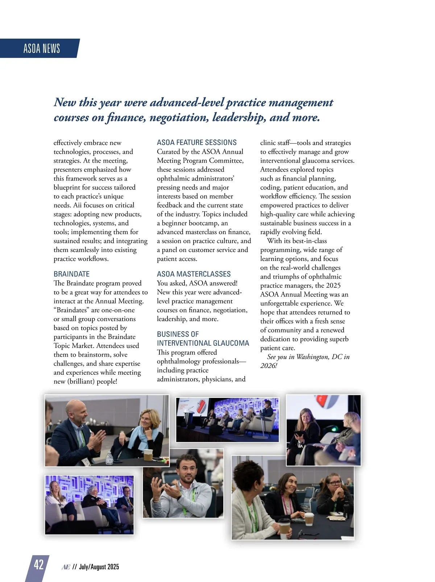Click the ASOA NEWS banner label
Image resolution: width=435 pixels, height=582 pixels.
(x=41, y=48)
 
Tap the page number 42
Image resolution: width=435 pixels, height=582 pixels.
(x=38, y=565)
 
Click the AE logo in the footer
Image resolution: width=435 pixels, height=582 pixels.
(x=66, y=567)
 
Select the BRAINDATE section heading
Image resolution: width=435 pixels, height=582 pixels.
(x=71, y=274)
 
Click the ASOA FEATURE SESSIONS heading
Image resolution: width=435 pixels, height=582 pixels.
(x=196, y=142)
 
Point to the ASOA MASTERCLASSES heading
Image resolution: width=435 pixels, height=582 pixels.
(x=194, y=274)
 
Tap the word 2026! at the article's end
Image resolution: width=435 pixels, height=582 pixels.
(x=268, y=366)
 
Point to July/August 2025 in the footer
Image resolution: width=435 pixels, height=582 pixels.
(x=99, y=567)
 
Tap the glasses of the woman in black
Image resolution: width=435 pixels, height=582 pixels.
(x=335, y=483)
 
